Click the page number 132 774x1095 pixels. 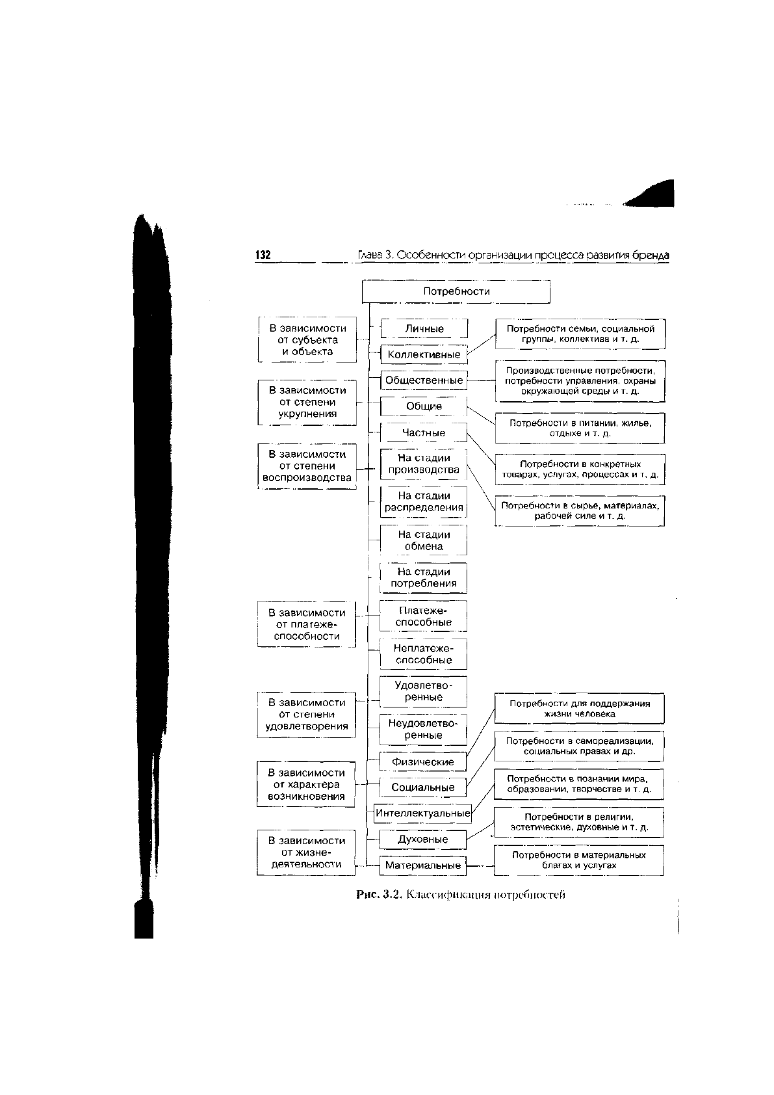(263, 255)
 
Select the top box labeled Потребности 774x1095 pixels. (456, 292)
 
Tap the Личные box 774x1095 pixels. (424, 328)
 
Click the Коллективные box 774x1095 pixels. (424, 354)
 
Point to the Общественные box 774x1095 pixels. (424, 380)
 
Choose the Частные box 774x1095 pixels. (424, 432)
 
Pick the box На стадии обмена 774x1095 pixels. (424, 540)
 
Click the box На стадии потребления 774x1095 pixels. (424, 578)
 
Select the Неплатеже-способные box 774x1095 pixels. (424, 654)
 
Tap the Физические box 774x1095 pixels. (423, 761)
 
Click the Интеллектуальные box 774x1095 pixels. (423, 813)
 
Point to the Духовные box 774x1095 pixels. (423, 839)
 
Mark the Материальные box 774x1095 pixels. (423, 865)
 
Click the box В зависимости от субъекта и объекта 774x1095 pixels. (307, 339)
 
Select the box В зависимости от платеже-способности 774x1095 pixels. (306, 624)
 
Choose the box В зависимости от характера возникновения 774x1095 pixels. (306, 784)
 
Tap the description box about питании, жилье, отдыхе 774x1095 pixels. (580, 429)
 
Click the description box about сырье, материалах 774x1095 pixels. (580, 511)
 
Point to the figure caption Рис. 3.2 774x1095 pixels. (461, 895)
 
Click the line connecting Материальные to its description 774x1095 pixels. (480, 865)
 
